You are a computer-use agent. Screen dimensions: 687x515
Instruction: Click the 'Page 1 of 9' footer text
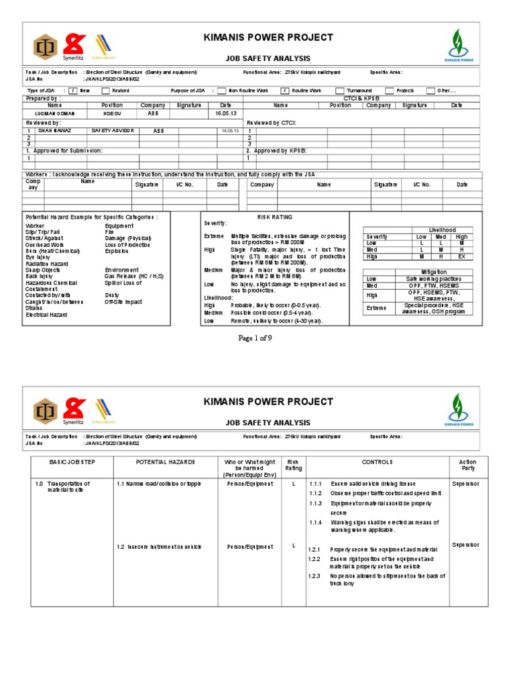255,338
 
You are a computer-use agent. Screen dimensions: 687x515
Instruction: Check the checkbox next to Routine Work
284,91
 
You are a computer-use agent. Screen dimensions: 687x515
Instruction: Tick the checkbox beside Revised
105,91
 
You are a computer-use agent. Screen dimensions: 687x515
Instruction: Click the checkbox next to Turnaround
340,91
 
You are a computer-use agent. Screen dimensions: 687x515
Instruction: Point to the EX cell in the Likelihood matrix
461,256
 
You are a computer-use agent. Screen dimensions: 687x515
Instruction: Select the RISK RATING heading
275,218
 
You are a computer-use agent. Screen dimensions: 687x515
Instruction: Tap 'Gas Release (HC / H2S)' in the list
134,276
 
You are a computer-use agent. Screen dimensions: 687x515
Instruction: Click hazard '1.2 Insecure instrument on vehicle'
159,547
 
